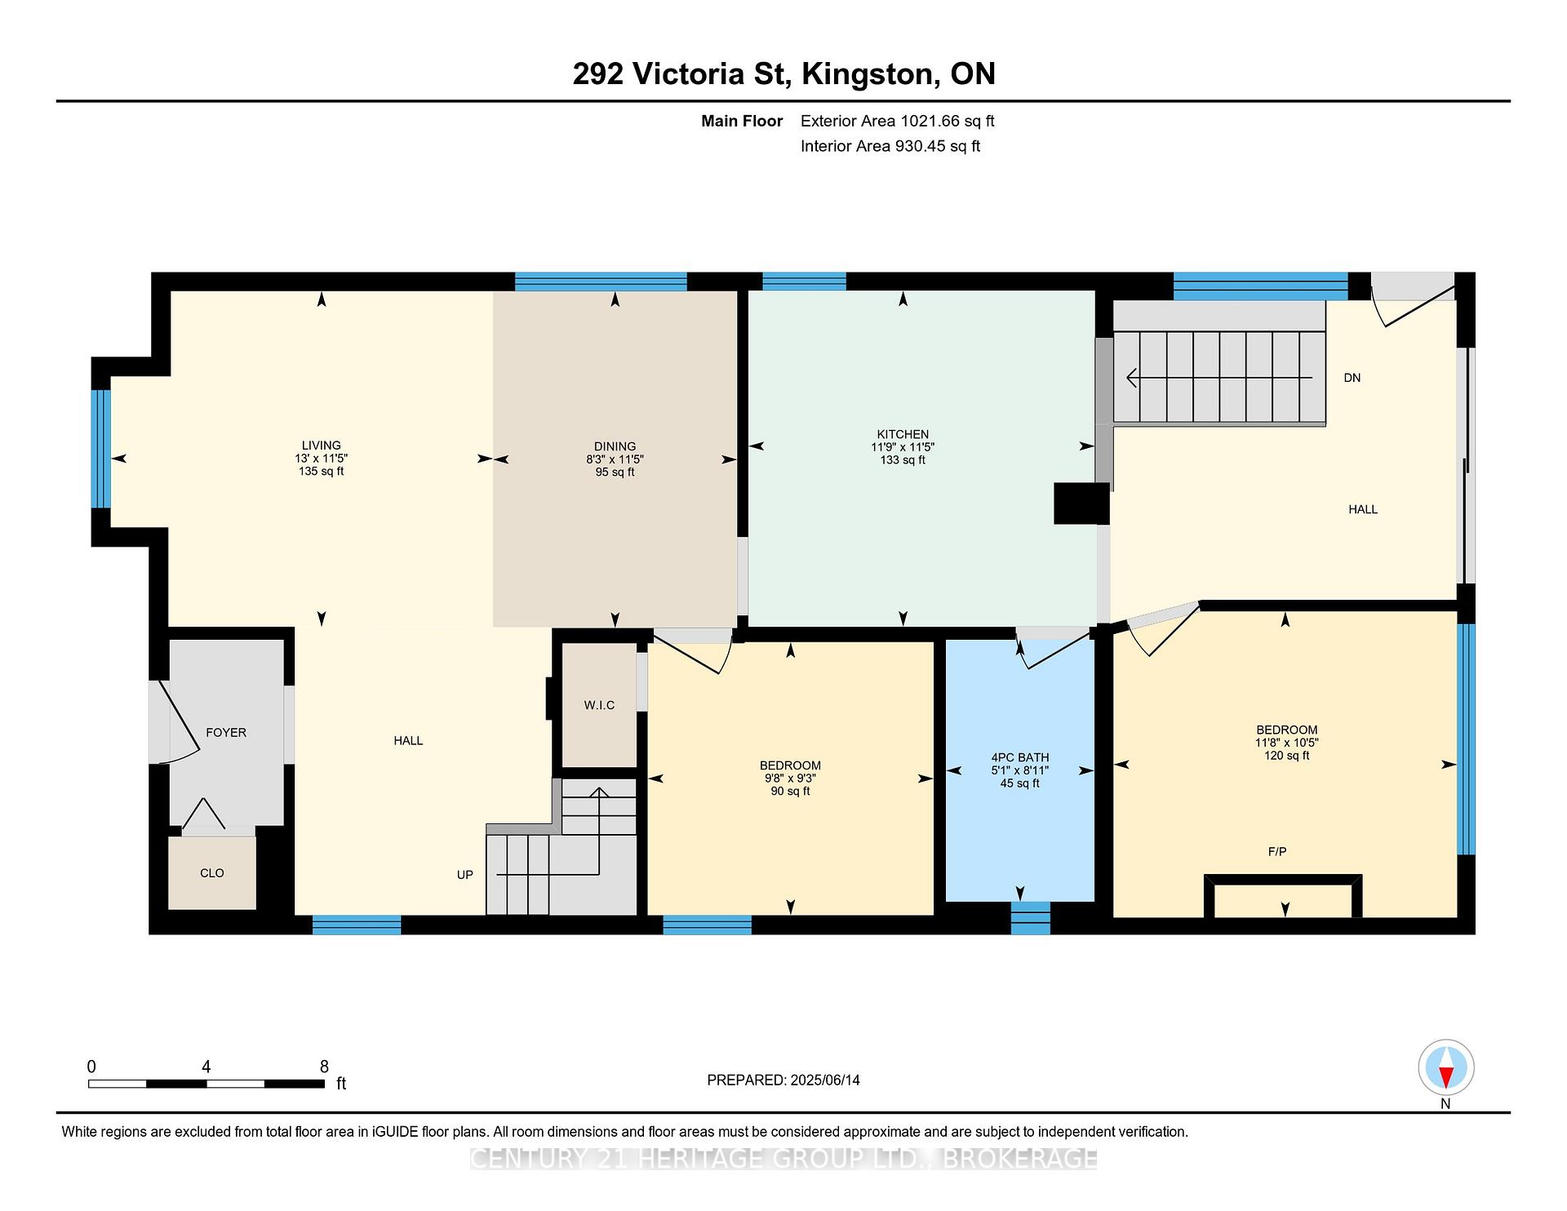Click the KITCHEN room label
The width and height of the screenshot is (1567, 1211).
pos(903,434)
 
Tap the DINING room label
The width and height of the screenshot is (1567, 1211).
pos(615,446)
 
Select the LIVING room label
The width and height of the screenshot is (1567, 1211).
pos(321,446)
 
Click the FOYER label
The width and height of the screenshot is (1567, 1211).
pos(226,733)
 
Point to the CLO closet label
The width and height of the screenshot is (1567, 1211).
pos(212,873)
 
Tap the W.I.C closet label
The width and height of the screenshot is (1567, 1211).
pos(599,705)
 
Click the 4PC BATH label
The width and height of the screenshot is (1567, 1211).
pos(1020,757)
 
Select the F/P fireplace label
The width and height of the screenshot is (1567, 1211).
pos(1277,851)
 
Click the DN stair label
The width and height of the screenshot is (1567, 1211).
pos(1352,378)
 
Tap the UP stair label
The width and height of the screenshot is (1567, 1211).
pos(465,875)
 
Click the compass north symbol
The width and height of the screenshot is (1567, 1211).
pos(1445,1069)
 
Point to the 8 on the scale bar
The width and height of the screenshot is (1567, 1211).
pos(324,1067)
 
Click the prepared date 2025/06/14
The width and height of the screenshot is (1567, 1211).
pos(825,1080)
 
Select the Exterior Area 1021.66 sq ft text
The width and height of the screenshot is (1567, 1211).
pos(897,122)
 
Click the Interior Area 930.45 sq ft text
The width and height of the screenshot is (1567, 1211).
pos(890,147)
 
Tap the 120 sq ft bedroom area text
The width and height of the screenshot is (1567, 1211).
pos(1286,756)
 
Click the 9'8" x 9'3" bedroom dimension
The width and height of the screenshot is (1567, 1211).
pos(789,778)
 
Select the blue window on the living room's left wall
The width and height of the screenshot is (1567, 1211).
pos(100,449)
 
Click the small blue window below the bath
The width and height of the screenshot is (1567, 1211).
pos(1030,918)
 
